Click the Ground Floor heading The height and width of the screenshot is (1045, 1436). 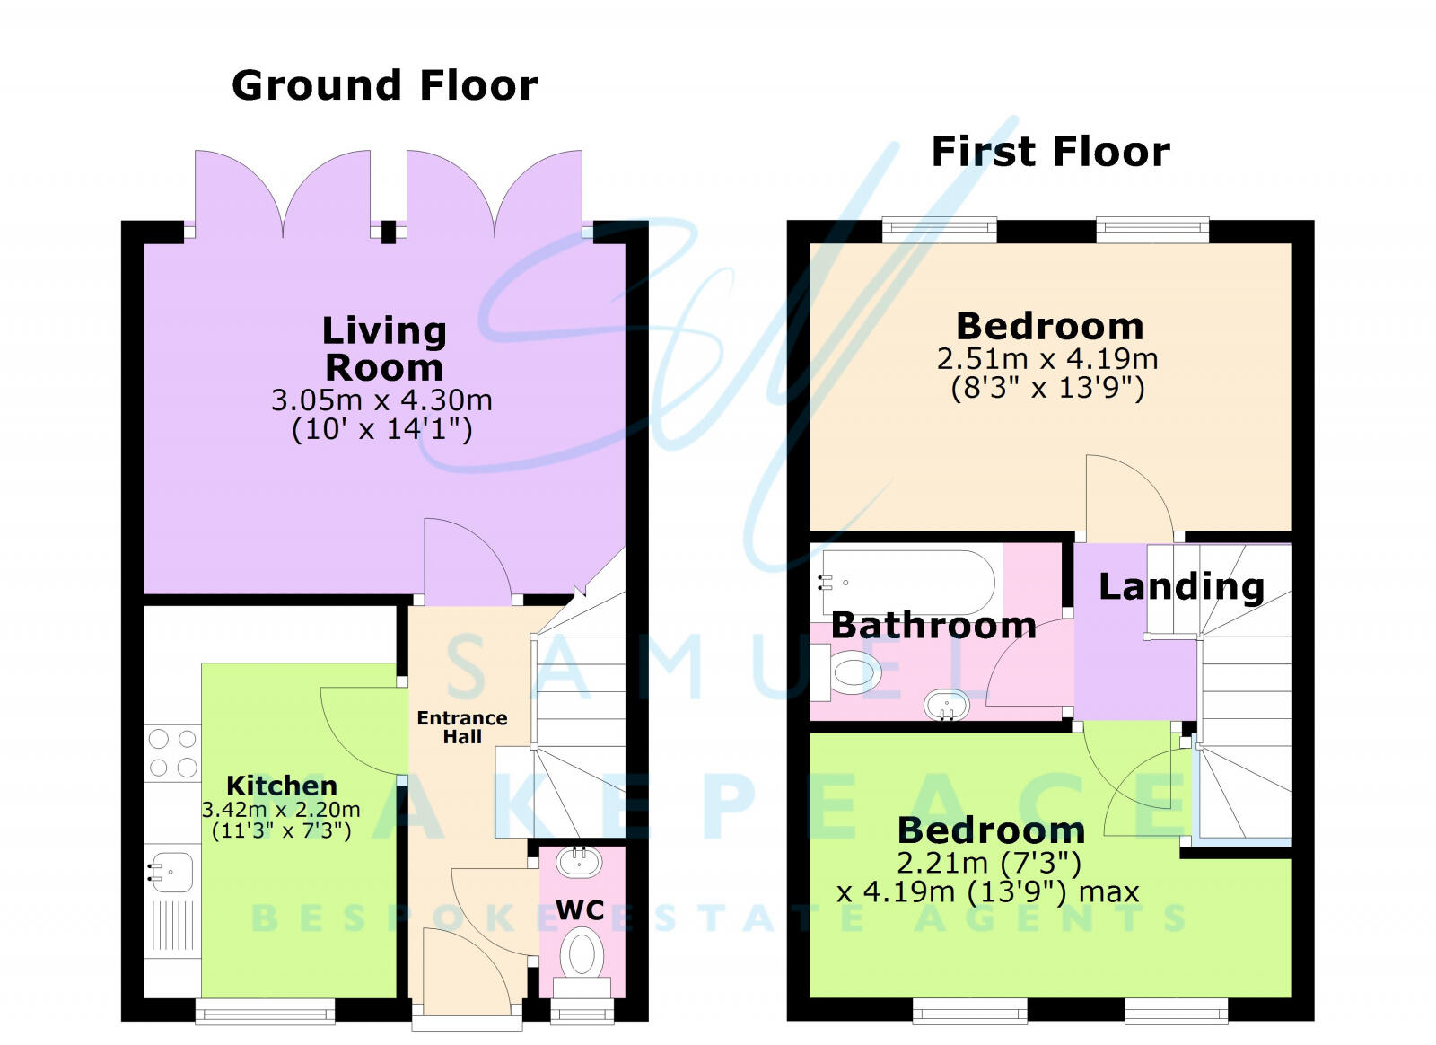(385, 86)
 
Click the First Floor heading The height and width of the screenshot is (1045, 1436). (1050, 152)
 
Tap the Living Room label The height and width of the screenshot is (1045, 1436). (384, 349)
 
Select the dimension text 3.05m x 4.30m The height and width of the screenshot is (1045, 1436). (381, 400)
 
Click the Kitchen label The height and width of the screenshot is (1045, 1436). (282, 786)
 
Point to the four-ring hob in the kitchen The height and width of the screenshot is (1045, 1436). (173, 753)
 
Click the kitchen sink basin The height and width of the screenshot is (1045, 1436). (171, 871)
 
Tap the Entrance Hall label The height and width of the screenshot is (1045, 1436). (462, 727)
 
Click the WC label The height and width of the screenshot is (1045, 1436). (580, 910)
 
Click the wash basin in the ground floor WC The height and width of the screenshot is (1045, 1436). (579, 862)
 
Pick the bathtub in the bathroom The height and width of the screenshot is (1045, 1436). (906, 583)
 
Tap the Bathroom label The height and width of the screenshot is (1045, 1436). (933, 625)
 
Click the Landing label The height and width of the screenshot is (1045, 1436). (1181, 586)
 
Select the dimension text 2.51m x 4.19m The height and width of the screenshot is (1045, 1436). (1047, 359)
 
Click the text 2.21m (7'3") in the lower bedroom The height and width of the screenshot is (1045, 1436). (989, 863)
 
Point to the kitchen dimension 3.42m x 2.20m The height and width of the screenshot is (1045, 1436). (281, 810)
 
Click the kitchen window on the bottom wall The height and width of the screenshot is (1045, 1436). (266, 1012)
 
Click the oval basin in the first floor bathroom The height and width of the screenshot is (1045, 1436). (947, 705)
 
